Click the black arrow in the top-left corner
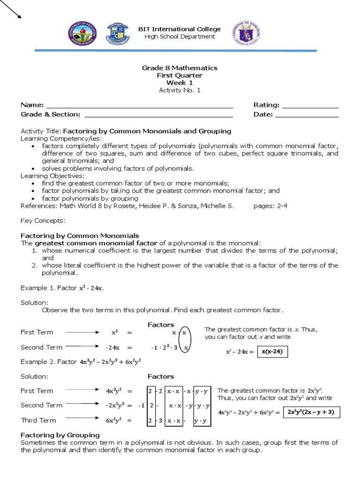12,10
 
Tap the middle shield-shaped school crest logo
116,34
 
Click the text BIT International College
180,29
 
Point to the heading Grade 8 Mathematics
180,68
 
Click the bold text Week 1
180,83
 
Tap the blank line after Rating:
310,105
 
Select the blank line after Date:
307,115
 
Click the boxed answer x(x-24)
272,352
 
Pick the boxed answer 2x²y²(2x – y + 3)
312,412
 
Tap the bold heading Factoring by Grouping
60,435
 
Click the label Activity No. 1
180,90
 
